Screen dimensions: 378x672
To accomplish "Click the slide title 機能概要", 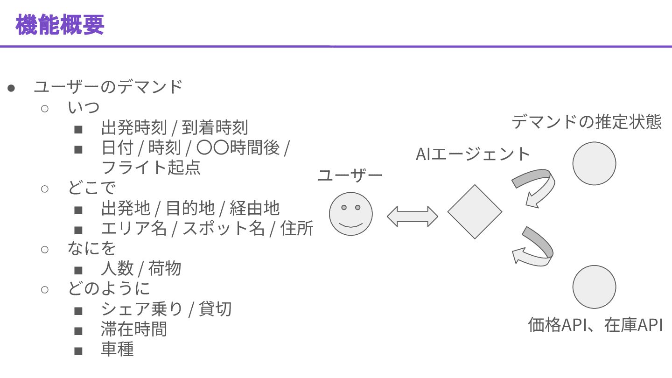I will click(60, 25).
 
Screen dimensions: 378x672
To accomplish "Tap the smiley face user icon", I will click(351, 214).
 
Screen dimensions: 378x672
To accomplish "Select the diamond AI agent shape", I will click(475, 212).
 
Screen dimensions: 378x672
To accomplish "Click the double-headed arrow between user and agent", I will click(413, 216).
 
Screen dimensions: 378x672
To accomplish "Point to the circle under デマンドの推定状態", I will click(594, 164).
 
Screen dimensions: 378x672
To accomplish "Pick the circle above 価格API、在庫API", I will click(594, 287).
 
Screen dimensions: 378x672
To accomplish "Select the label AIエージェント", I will click(473, 154).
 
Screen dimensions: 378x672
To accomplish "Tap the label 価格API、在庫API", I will click(595, 325).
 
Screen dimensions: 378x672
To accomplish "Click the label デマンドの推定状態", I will click(587, 122).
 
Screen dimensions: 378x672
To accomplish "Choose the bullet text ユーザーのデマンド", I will click(108, 87).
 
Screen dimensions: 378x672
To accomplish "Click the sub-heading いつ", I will click(84, 107).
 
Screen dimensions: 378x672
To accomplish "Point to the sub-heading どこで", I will click(92, 188).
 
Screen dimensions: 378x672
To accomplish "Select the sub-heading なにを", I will click(91, 248).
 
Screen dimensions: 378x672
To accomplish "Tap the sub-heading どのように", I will click(109, 288).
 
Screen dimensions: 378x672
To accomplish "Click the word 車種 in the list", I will click(117, 349).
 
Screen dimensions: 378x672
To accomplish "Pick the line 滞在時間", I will click(134, 329).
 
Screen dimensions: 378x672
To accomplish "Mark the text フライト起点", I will click(151, 167).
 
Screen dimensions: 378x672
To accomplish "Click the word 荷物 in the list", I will click(165, 268).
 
